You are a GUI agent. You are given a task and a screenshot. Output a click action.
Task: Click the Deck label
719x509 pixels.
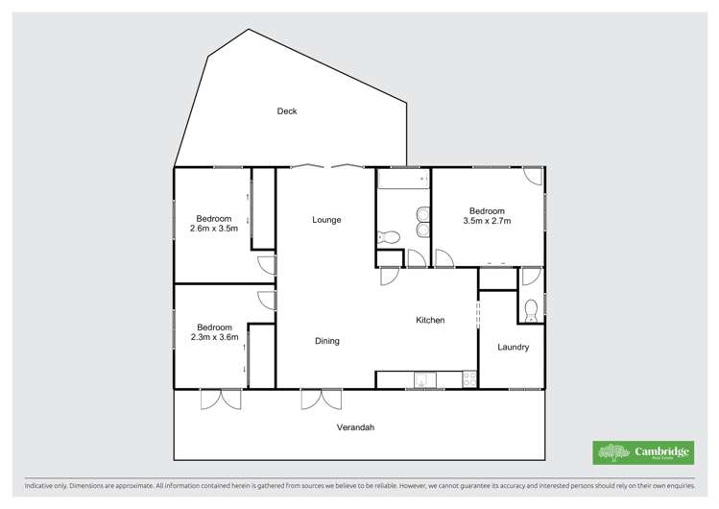287,111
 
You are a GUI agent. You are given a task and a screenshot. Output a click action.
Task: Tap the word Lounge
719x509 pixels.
326,220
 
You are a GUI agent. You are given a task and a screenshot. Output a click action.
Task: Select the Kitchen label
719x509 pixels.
430,320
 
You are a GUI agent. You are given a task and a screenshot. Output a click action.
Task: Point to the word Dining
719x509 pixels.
326,341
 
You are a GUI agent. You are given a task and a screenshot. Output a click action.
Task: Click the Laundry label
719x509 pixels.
513,347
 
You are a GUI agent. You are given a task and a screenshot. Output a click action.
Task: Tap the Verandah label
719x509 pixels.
354,426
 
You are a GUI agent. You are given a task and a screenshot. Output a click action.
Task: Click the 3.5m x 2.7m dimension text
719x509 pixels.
487,222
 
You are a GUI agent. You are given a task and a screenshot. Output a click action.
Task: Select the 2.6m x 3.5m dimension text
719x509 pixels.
213,229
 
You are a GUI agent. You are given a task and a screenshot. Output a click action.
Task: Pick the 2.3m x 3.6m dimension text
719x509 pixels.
213,338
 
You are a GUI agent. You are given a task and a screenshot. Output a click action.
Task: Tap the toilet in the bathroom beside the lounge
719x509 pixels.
389,237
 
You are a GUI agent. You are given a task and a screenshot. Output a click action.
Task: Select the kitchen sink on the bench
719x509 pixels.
422,381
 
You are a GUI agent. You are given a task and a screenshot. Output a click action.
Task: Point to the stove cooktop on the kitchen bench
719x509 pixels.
469,380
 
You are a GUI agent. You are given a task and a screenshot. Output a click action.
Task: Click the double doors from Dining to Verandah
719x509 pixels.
321,399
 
